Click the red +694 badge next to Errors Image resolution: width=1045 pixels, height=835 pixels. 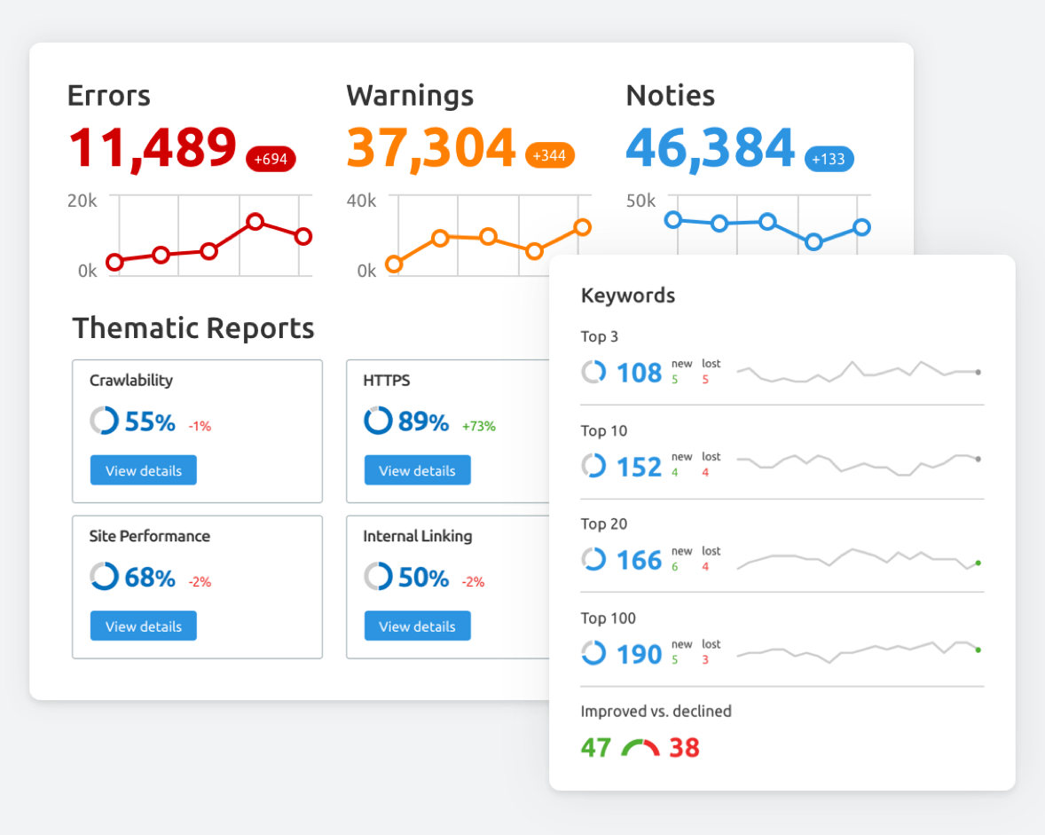(x=271, y=160)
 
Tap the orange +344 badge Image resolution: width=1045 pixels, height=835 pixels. (x=550, y=156)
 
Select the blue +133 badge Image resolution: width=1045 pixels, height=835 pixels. (x=829, y=160)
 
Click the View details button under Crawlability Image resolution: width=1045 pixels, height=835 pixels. (x=143, y=470)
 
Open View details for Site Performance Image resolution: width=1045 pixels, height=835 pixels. (x=143, y=626)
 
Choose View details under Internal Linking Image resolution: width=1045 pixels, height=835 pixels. (x=417, y=626)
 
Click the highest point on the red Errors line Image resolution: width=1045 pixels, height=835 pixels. (x=255, y=222)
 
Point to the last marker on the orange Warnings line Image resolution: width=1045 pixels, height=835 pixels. (x=582, y=227)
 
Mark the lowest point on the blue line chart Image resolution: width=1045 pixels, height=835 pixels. (x=813, y=241)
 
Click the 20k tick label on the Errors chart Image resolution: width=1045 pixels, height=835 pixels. (x=82, y=201)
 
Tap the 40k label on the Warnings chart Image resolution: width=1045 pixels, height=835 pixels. (x=361, y=201)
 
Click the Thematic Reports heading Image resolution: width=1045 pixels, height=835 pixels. (x=193, y=328)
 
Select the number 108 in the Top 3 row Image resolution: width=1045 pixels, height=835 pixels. (x=639, y=373)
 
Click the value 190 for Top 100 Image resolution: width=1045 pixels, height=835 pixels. (x=639, y=655)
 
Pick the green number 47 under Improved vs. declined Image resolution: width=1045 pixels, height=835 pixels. (x=596, y=748)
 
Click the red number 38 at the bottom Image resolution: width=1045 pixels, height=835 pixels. (x=684, y=748)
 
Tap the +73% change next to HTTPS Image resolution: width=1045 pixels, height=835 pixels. (x=479, y=426)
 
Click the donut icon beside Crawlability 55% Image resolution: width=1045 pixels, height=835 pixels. (x=104, y=421)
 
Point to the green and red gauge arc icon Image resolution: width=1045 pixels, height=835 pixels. (x=640, y=748)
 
